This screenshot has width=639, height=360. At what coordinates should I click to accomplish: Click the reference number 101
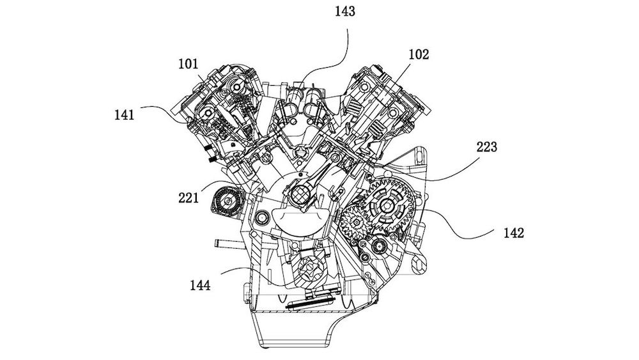(x=189, y=64)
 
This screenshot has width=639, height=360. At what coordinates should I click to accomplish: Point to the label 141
(x=125, y=115)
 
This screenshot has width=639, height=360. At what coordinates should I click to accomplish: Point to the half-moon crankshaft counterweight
(x=300, y=221)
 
